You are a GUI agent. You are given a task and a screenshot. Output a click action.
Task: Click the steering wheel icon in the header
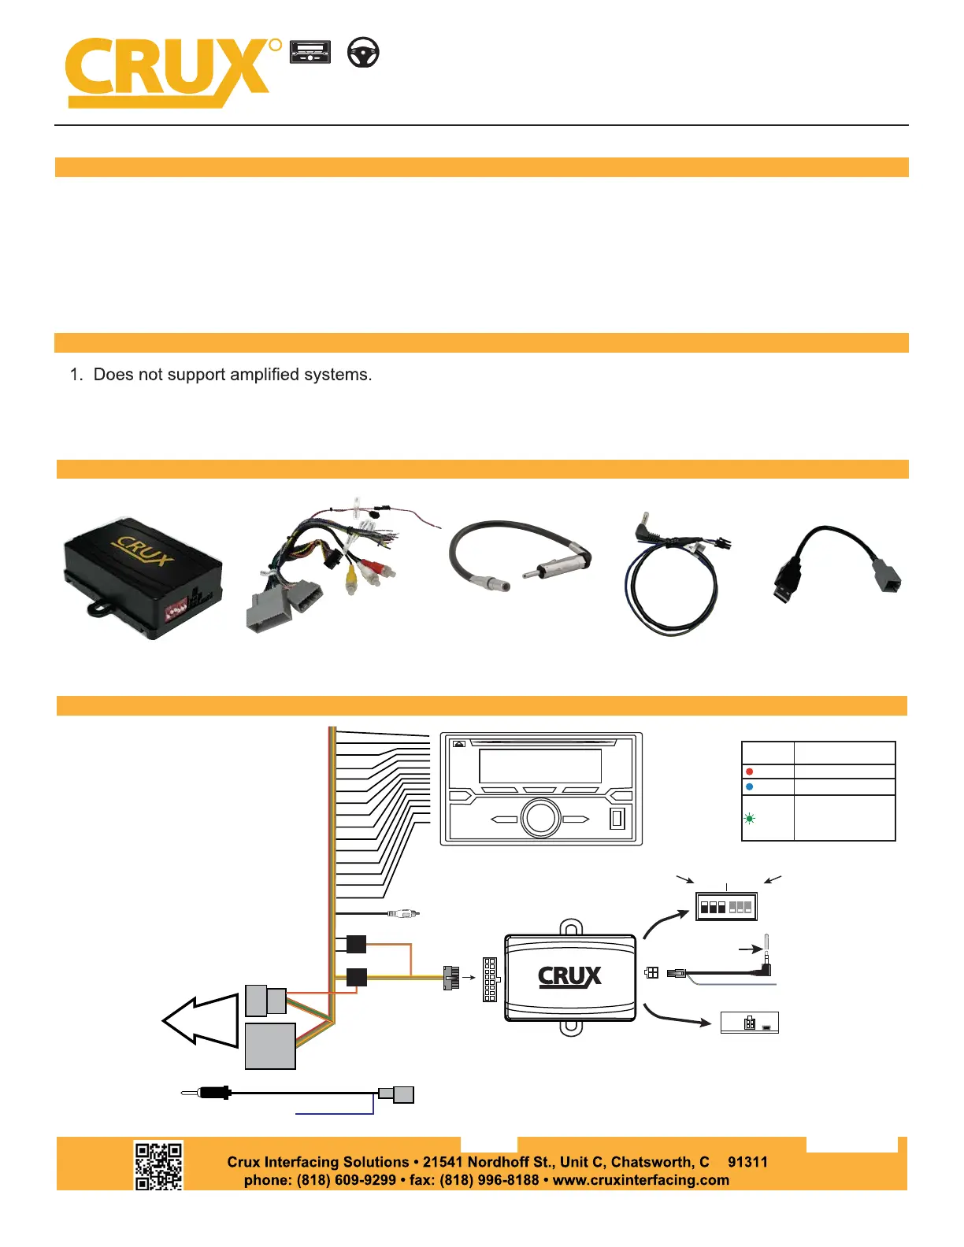[x=363, y=54]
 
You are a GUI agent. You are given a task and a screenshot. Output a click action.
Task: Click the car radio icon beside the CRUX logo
[x=310, y=53]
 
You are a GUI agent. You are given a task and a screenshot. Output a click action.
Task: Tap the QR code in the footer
[x=158, y=1166]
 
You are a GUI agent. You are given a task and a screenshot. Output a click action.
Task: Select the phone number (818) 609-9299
[x=346, y=1180]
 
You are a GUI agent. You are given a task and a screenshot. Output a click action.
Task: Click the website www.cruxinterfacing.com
[x=640, y=1180]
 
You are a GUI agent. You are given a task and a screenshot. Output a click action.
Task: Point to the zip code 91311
[x=747, y=1162]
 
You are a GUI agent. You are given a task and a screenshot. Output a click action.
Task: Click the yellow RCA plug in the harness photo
[x=350, y=582]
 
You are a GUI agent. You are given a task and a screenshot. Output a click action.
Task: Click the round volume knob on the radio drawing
[x=541, y=818]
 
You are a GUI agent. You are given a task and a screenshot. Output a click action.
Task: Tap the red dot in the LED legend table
[x=749, y=772]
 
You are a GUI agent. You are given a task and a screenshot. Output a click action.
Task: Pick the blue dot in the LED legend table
[x=749, y=786]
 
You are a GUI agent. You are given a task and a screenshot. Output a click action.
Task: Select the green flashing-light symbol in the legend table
[x=749, y=819]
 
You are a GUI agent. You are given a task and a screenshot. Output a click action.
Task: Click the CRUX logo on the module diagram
[x=569, y=977]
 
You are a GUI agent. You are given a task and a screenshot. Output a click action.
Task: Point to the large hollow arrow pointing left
[x=201, y=1020]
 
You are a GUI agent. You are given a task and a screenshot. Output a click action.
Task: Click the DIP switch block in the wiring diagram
[x=726, y=907]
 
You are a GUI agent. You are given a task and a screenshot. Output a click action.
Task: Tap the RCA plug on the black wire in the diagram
[x=404, y=913]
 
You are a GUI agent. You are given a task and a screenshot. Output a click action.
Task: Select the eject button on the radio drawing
[x=459, y=743]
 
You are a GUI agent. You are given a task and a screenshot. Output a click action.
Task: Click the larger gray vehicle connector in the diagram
[x=270, y=1046]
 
